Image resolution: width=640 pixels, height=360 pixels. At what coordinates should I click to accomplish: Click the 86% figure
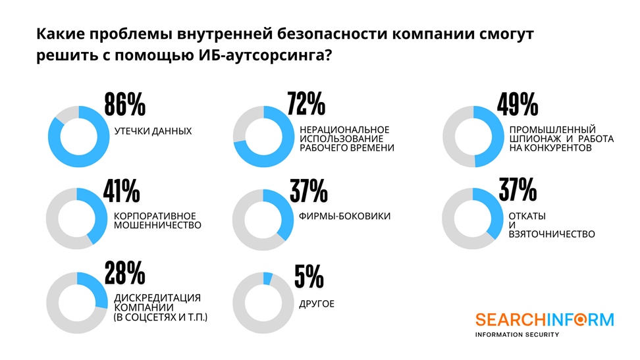tap(124, 105)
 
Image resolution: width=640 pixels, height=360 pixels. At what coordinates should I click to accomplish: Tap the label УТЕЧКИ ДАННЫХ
tap(153, 132)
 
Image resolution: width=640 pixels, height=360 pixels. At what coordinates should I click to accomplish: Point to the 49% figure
tap(518, 105)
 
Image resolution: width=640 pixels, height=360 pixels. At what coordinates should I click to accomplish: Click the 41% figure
tap(122, 191)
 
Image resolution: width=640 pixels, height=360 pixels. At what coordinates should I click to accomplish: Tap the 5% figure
tap(309, 276)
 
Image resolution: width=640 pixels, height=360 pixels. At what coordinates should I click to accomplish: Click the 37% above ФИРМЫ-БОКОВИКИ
tap(308, 191)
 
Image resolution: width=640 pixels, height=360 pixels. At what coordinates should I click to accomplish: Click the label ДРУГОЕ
tap(317, 304)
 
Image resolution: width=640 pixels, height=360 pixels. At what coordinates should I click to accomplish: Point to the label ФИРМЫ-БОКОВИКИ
tap(345, 217)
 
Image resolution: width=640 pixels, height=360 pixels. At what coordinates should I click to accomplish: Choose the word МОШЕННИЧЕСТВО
tap(157, 225)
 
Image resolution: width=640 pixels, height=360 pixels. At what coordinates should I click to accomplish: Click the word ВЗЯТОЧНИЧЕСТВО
tap(552, 234)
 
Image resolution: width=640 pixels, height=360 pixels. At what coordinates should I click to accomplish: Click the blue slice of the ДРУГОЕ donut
tap(268, 278)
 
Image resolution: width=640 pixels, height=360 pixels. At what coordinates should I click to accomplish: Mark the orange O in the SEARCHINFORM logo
tap(583, 320)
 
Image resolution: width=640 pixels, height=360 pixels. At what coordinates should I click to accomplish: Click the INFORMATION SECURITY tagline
tap(518, 334)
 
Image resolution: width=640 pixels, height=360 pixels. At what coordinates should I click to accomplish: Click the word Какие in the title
tap(57, 34)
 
